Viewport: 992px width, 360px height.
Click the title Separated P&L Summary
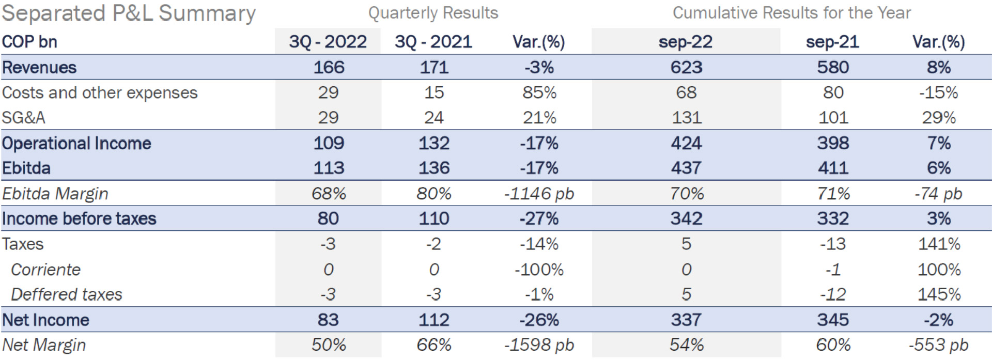129,13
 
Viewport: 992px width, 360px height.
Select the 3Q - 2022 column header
328,41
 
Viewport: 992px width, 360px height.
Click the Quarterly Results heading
433,13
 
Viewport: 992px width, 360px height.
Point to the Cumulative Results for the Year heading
791,13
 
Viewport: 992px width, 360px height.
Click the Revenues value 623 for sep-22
686,67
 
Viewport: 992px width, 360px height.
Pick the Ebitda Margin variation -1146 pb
539,194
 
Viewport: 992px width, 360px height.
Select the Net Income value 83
328,320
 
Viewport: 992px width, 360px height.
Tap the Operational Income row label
76,143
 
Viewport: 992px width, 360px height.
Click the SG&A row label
24,118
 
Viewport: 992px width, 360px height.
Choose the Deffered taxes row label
67,294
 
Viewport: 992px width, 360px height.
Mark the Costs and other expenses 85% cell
539,92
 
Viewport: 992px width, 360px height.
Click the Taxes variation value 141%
938,244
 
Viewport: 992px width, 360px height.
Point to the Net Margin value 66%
433,345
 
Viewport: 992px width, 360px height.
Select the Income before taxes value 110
433,218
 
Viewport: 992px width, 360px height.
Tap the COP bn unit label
29,41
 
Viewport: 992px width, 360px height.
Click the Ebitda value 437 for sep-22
686,168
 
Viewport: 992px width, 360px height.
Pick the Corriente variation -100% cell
539,270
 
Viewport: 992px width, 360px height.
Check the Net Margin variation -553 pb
938,345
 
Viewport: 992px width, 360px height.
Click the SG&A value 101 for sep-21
833,118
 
